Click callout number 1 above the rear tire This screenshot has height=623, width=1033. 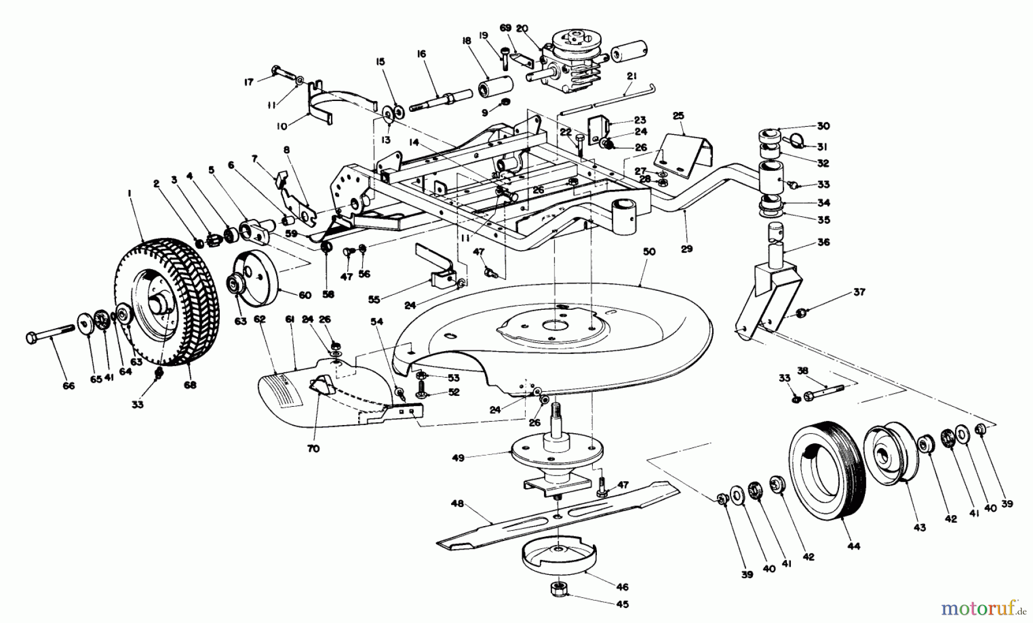pos(130,196)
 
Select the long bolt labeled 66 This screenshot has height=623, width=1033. pos(50,334)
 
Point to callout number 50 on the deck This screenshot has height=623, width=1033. pos(649,252)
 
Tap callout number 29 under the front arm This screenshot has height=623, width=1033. pos(687,249)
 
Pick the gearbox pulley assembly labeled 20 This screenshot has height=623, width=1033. pos(568,63)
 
